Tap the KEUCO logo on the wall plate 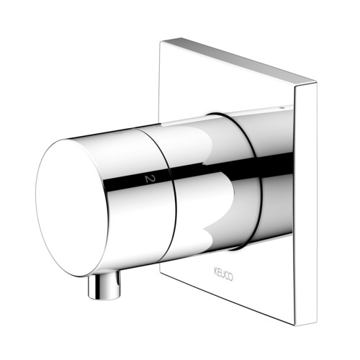click(223, 274)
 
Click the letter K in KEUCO click(216, 271)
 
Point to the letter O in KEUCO click(230, 276)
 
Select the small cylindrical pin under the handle click(104, 287)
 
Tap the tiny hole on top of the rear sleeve click(282, 108)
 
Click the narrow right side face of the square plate click(305, 204)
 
